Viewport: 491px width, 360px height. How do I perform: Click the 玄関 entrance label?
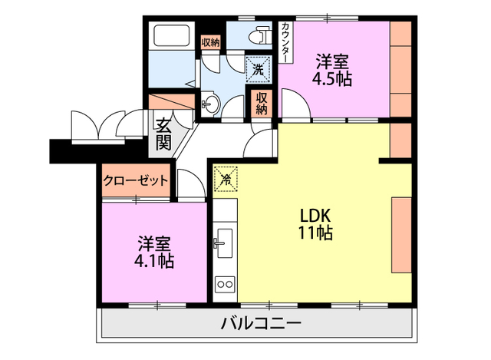[x=163, y=134]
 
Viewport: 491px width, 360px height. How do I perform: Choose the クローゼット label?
[x=136, y=181]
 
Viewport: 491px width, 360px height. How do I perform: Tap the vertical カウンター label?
[x=286, y=43]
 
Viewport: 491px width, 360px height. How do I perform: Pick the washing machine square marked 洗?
[x=259, y=69]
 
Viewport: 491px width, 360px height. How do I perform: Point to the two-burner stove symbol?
[x=226, y=285]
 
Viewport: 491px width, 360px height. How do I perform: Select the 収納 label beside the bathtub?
[x=210, y=42]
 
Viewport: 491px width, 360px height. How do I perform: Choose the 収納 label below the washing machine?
[x=262, y=102]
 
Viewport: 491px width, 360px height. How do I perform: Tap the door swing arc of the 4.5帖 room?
[x=291, y=104]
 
